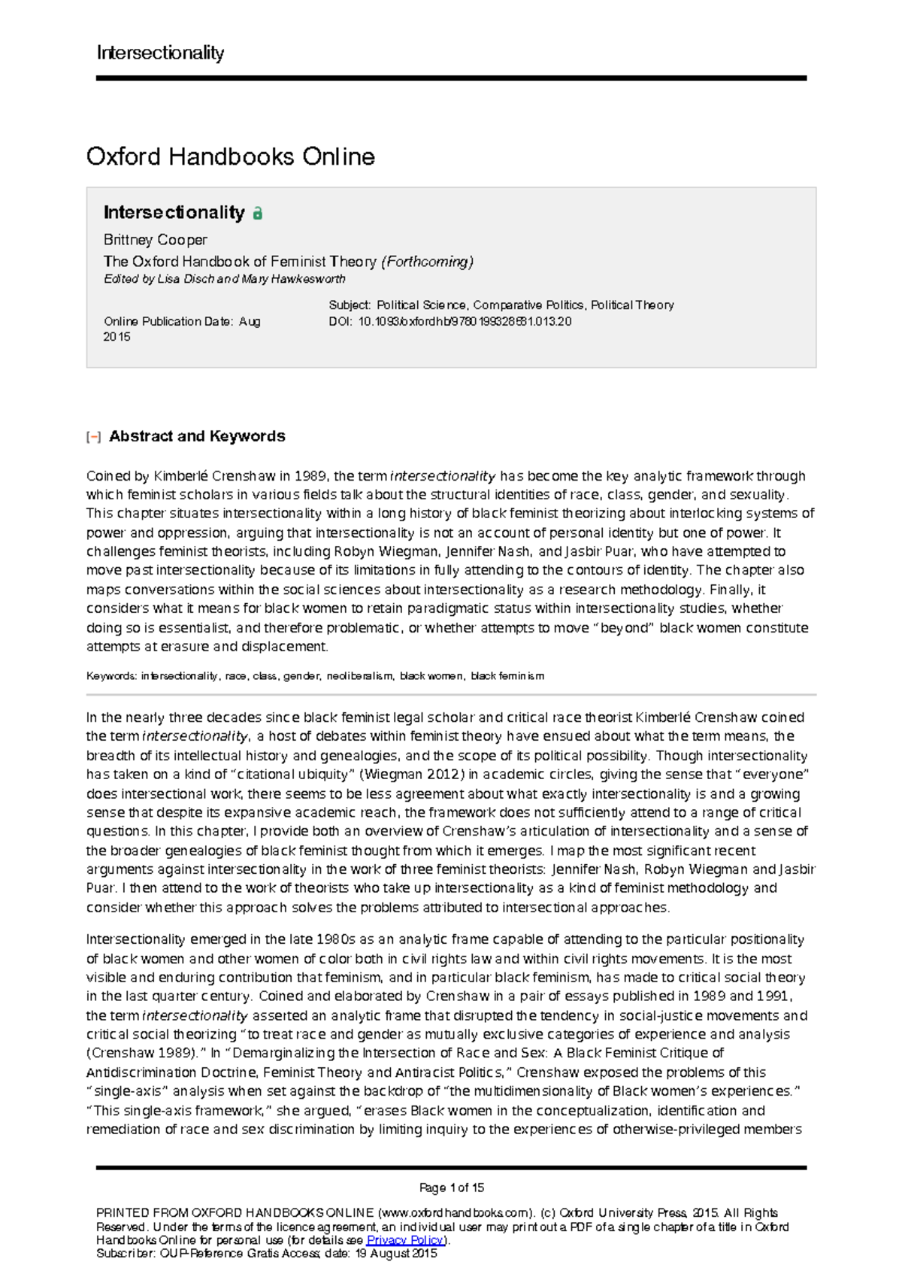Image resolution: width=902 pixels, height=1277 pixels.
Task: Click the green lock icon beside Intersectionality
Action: pos(258,214)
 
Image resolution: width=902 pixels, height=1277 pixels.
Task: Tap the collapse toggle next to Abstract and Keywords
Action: pos(93,437)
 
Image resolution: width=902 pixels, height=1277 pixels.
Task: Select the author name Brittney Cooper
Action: pos(155,240)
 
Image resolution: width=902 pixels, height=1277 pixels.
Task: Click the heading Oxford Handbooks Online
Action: pos(230,156)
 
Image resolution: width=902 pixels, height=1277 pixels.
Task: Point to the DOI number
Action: pos(465,321)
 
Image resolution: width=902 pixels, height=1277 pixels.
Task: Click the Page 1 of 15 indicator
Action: pos(451,1188)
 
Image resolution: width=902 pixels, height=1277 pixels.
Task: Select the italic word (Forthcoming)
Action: pos(427,262)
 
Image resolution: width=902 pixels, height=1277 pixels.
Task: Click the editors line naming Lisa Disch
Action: pos(224,279)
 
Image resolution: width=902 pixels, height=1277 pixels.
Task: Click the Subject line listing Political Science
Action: pos(501,305)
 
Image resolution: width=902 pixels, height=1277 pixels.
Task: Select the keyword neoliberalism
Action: pos(360,676)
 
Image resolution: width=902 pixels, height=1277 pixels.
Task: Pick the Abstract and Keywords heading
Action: pos(197,436)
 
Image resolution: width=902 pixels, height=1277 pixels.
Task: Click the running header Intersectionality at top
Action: pos(160,53)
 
